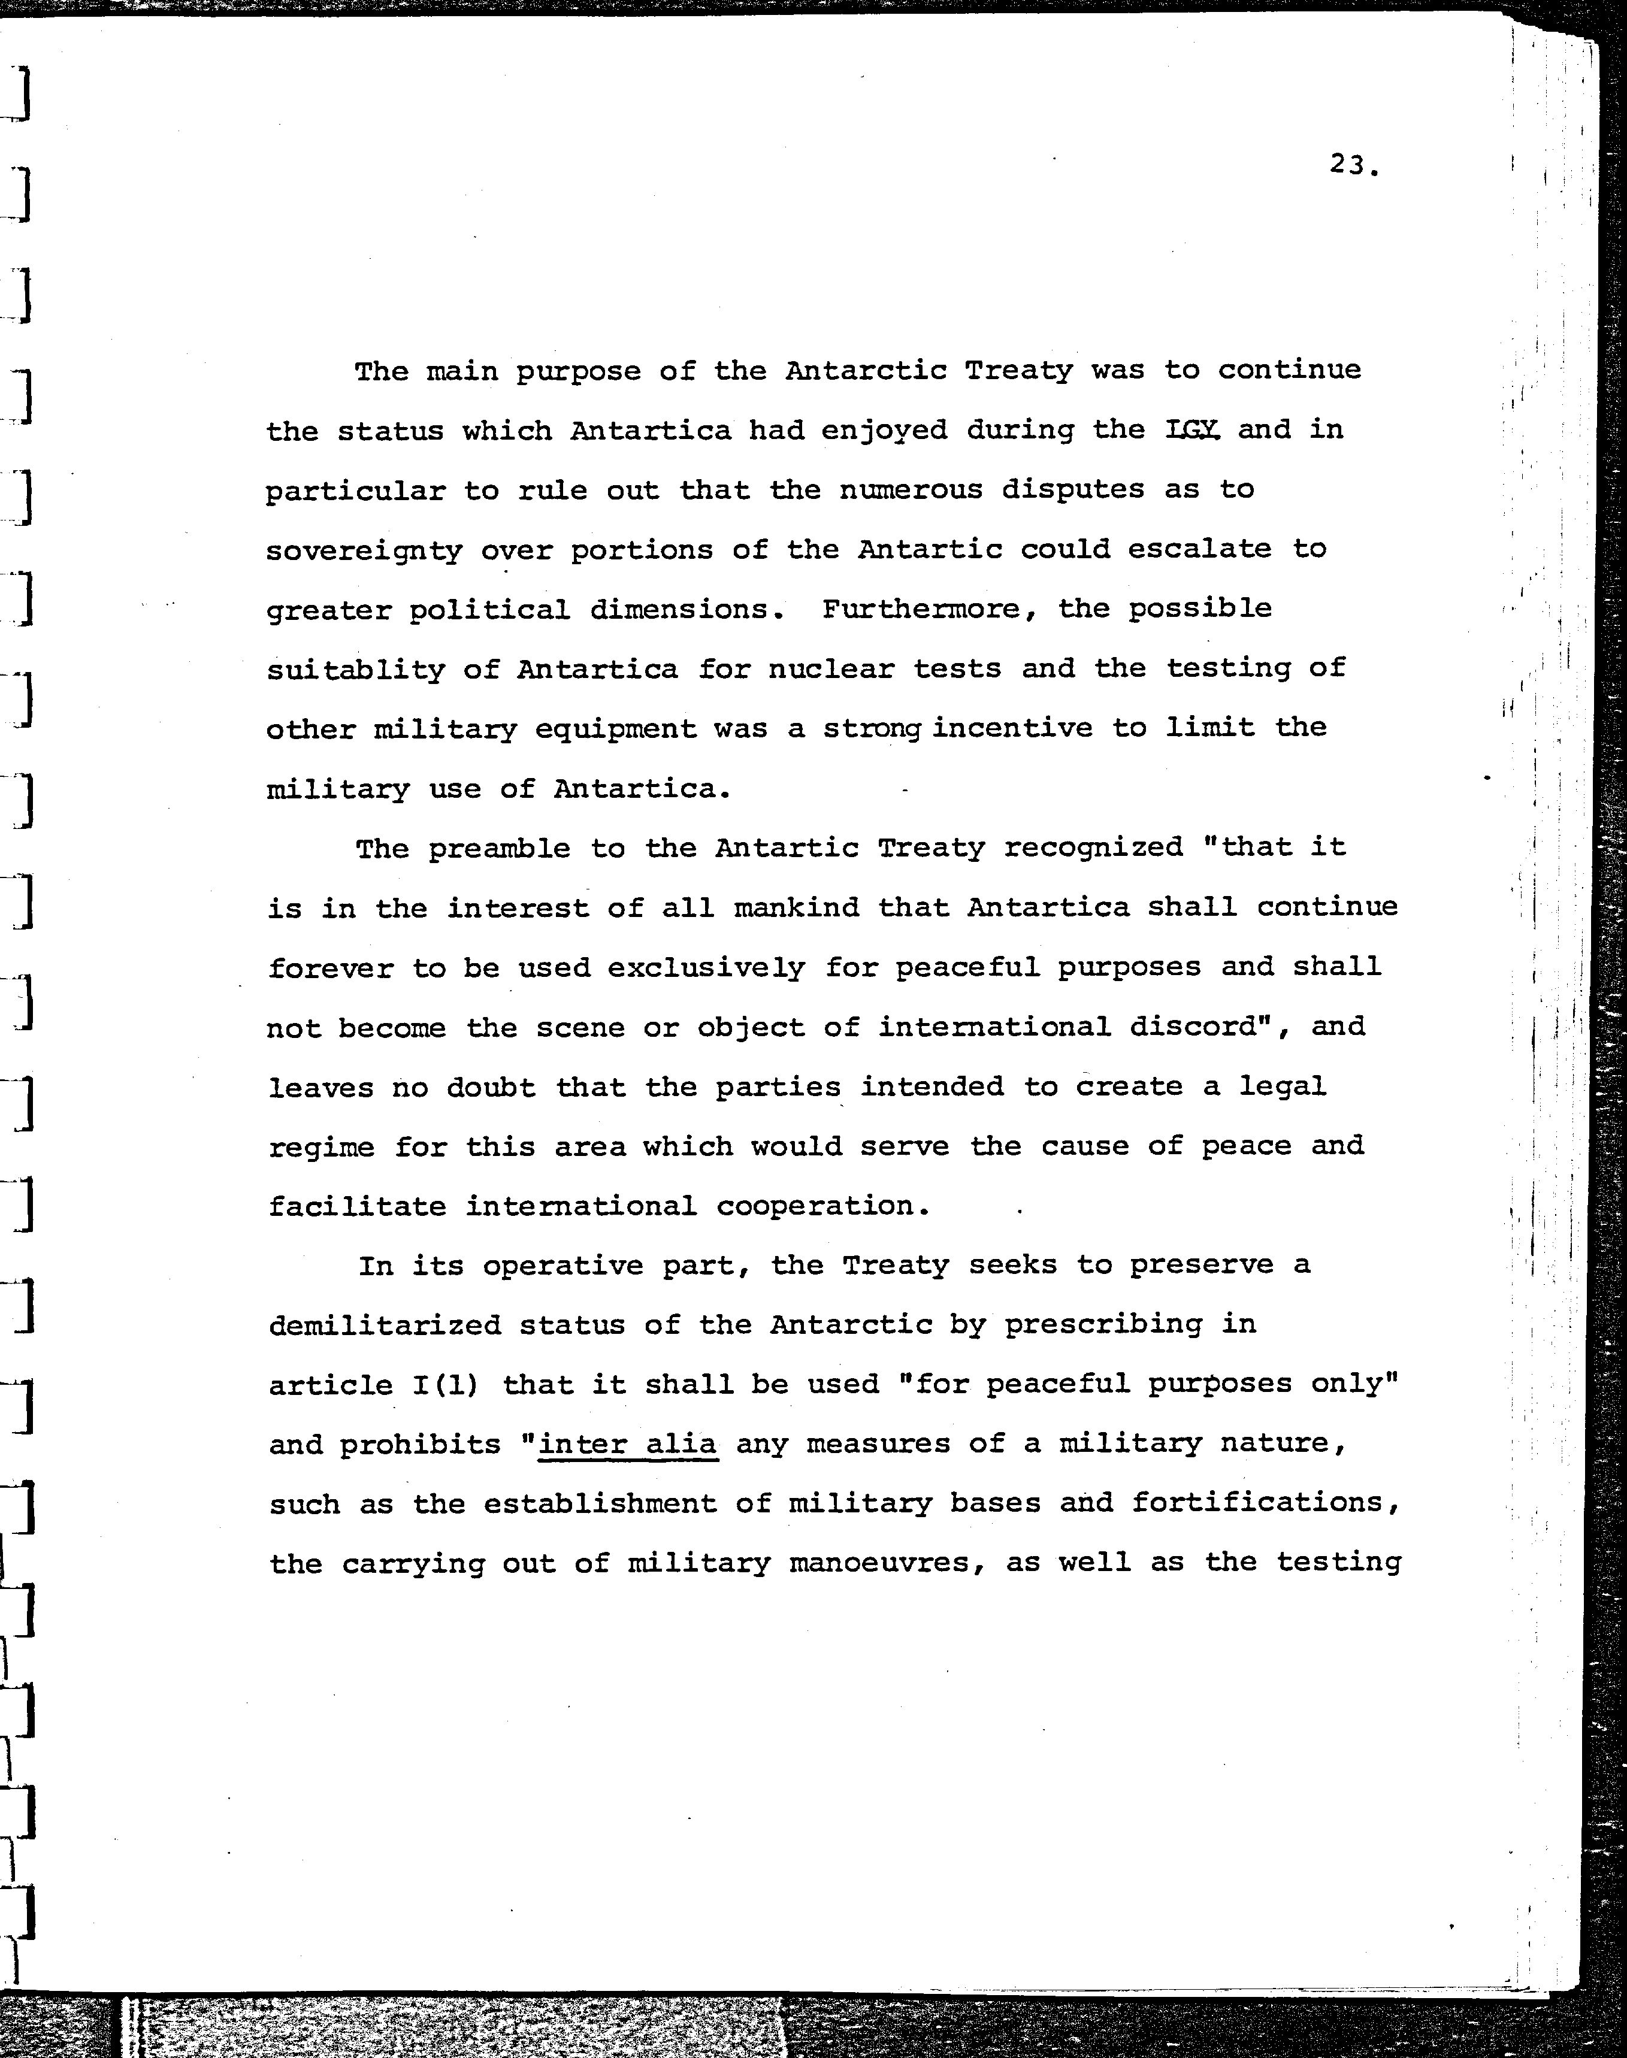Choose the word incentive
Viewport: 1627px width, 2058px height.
coord(1012,728)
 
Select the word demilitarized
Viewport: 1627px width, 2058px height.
coord(384,1325)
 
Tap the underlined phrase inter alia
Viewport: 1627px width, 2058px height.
coord(628,1443)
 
